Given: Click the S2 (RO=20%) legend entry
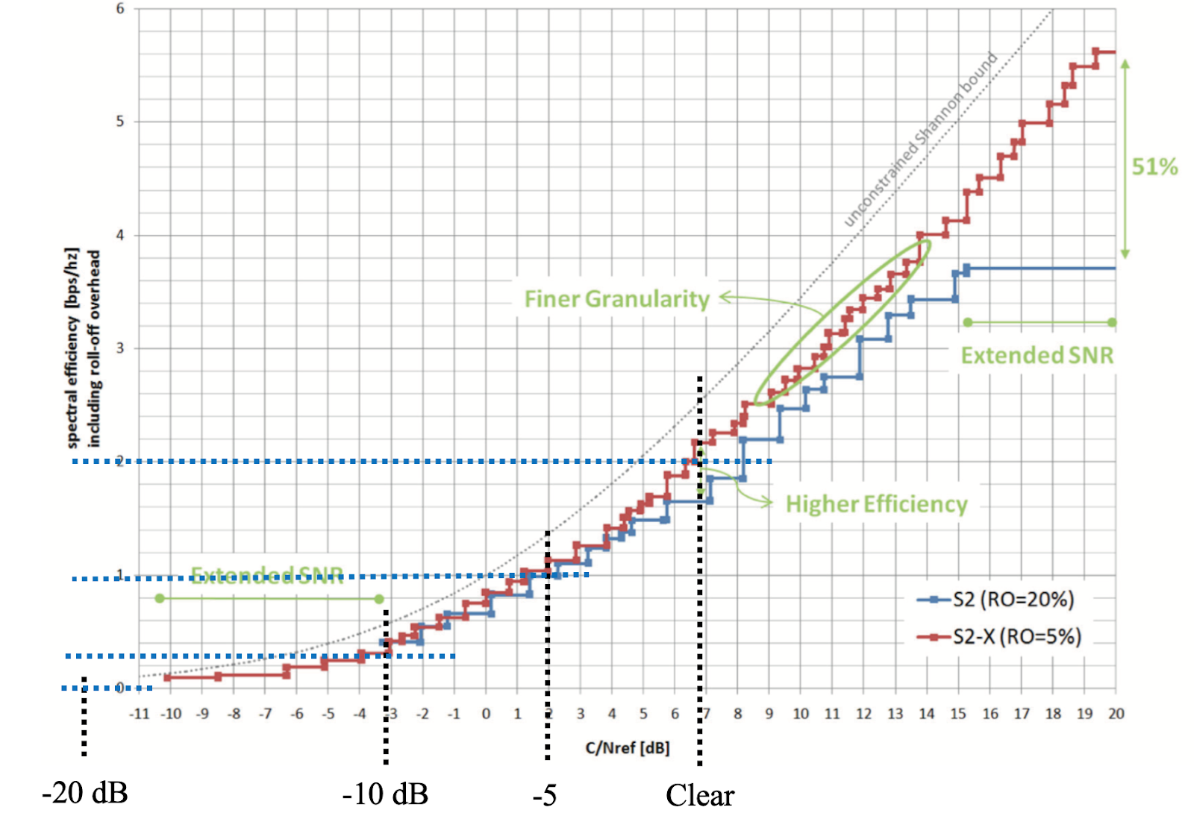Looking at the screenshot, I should click(x=1013, y=599).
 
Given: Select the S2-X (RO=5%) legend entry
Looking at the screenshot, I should click(x=1016, y=636).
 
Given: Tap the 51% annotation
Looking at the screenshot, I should click(x=1154, y=166).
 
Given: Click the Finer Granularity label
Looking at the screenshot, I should click(x=616, y=299).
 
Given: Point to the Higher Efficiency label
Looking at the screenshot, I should click(x=876, y=504).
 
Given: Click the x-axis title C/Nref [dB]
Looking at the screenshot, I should click(x=627, y=747).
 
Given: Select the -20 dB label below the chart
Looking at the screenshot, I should click(x=85, y=792).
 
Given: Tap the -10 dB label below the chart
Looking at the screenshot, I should click(x=385, y=794).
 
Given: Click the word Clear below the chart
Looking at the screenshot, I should click(x=700, y=795).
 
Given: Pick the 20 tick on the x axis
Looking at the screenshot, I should click(x=1116, y=714).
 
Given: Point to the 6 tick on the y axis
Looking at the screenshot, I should click(x=120, y=9).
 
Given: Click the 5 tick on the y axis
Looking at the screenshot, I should click(x=120, y=122).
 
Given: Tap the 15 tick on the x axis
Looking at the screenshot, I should click(x=958, y=714).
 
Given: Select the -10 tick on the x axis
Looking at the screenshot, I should click(x=171, y=714).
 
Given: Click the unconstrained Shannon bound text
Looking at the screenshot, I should click(x=921, y=139).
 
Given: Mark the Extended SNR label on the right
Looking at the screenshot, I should click(x=1037, y=355).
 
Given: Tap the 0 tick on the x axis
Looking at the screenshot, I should click(x=486, y=714).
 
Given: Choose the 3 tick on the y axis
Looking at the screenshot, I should click(x=120, y=348).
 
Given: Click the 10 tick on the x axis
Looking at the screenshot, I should click(x=801, y=714).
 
